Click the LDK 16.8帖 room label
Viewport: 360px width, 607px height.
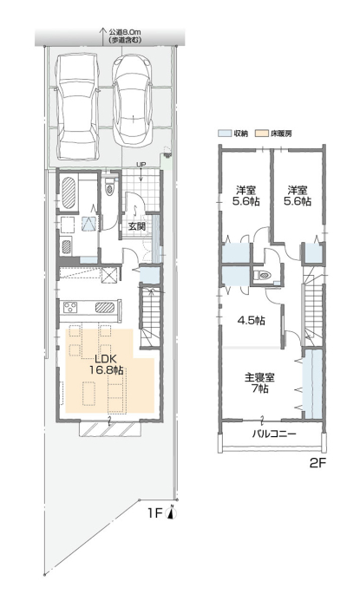[x=106, y=363]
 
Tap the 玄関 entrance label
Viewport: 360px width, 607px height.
[x=137, y=226]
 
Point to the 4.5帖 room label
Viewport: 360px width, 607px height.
[x=251, y=321]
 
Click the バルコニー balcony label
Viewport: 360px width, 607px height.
[x=274, y=434]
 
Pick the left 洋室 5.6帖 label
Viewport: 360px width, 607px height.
[x=245, y=196]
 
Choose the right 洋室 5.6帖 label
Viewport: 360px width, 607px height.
[x=298, y=196]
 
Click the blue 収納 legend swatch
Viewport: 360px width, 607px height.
[x=224, y=134]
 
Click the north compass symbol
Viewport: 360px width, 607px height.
[x=171, y=512]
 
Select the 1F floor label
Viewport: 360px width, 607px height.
[x=154, y=513]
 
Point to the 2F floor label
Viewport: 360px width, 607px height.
[x=317, y=463]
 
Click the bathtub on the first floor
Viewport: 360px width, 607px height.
[x=69, y=193]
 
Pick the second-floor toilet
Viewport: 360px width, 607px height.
[x=264, y=276]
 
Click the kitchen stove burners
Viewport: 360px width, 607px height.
[x=71, y=308]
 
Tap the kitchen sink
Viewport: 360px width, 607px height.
[x=105, y=307]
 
